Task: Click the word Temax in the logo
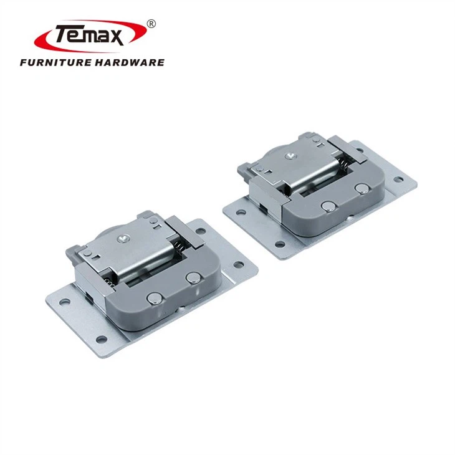point(90,35)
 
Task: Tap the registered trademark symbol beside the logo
point(151,24)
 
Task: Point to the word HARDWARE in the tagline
point(130,62)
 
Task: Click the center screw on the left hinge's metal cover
point(122,239)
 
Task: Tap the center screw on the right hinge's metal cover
point(290,156)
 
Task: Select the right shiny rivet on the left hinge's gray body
point(193,278)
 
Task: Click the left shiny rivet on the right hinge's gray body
point(328,206)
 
